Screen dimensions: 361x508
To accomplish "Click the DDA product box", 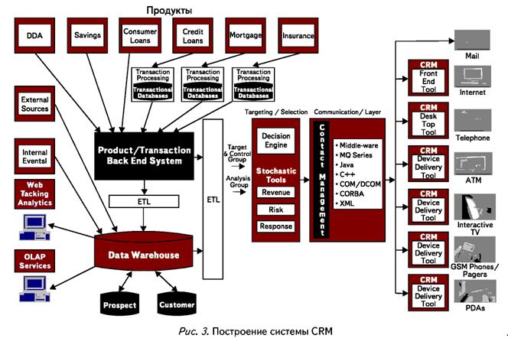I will pyautogui.click(x=34, y=35).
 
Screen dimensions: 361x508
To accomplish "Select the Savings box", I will pyautogui.click(x=88, y=35).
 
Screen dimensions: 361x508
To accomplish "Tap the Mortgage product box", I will pyautogui.click(x=245, y=35).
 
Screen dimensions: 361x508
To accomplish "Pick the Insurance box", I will pyautogui.click(x=298, y=35).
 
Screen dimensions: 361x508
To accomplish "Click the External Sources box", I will pyautogui.click(x=34, y=104).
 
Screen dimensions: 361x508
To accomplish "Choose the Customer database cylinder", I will pyautogui.click(x=177, y=304).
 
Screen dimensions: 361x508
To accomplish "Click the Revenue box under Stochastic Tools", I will pyautogui.click(x=276, y=192).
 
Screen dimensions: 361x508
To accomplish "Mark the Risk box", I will pyautogui.click(x=276, y=210).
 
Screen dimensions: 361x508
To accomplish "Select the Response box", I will pyautogui.click(x=276, y=226).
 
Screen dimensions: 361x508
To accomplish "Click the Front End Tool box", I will pyautogui.click(x=428, y=77).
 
